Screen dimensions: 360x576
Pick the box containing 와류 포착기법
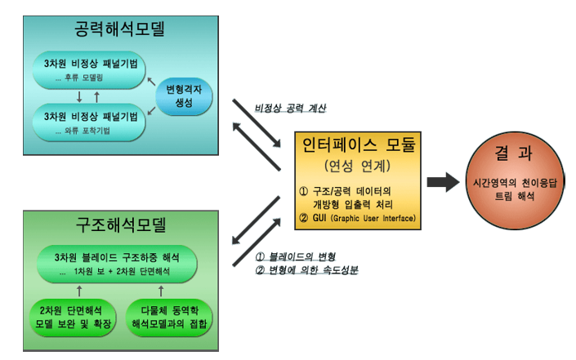tap(90, 122)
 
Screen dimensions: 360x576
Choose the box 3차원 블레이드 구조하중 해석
tap(119, 262)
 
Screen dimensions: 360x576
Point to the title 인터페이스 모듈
tap(359, 146)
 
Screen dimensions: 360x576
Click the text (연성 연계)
tap(359, 167)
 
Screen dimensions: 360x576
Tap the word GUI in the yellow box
tap(322, 219)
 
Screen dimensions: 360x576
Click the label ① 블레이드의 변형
tap(295, 258)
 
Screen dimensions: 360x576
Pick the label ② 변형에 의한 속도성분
tap(308, 271)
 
